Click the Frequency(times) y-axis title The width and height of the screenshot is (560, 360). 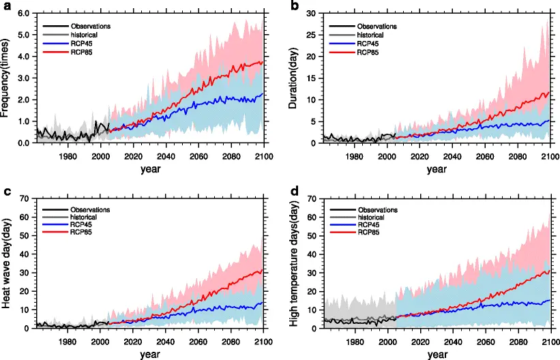click(8, 77)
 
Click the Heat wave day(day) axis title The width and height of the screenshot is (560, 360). click(8, 263)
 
